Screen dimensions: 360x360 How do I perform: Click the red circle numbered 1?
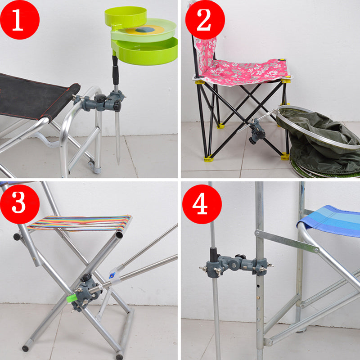(x=20, y=20)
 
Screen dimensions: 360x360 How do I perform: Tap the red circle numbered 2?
(x=205, y=20)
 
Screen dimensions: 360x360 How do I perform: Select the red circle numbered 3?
(x=20, y=204)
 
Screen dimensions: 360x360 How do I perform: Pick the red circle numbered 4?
(x=202, y=204)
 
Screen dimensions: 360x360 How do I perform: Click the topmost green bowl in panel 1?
(x=126, y=17)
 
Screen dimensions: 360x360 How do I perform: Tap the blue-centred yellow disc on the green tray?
(x=145, y=30)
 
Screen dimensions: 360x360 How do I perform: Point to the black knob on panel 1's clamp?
(x=101, y=98)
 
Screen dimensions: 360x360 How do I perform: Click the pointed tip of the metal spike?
(x=118, y=164)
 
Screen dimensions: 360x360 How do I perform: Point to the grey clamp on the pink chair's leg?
(x=256, y=131)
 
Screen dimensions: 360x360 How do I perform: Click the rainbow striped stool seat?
(x=79, y=223)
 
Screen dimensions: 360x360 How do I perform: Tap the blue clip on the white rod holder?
(x=112, y=275)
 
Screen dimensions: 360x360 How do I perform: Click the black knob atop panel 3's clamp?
(x=86, y=277)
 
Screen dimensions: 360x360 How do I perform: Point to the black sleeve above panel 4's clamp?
(x=214, y=255)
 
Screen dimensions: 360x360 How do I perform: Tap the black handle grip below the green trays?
(x=115, y=71)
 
